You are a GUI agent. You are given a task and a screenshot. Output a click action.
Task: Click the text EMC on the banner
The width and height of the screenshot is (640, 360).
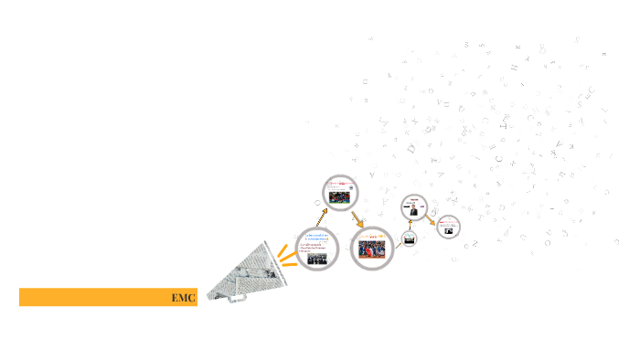pos(183,298)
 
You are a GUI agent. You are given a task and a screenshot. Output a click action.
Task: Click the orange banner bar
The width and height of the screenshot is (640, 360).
pos(101,297)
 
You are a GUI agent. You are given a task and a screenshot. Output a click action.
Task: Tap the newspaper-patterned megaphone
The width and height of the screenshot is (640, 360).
pos(242,274)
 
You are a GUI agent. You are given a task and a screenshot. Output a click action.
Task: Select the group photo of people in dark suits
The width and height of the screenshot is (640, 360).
pos(316,259)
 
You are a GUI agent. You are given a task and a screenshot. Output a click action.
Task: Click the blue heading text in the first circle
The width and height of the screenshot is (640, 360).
pos(317,238)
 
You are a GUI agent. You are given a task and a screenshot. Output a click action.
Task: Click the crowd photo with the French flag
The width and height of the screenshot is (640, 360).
pos(373,249)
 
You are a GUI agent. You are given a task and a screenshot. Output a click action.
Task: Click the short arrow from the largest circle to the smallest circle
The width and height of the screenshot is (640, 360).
pos(400,243)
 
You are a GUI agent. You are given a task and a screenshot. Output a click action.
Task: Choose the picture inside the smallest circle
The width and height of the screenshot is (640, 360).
pos(410,240)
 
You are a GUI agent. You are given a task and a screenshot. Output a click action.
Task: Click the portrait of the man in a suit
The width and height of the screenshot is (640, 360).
pos(414,209)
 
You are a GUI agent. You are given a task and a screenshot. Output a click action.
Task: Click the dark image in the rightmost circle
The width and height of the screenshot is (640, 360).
pos(449,230)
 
